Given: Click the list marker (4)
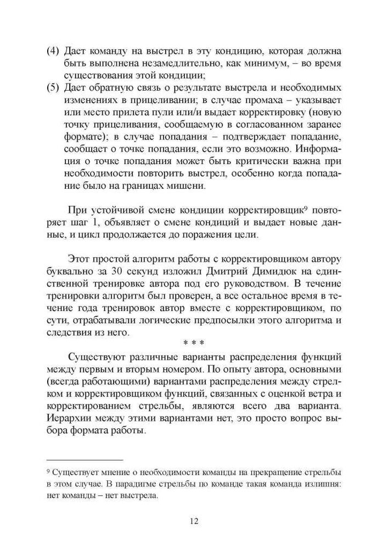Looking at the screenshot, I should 53,51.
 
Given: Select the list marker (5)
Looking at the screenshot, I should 53,88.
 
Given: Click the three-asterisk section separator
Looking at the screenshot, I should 193,343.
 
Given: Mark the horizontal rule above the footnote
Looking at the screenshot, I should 85,460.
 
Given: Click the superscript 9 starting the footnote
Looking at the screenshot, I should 48,472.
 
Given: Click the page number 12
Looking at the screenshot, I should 193,521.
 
